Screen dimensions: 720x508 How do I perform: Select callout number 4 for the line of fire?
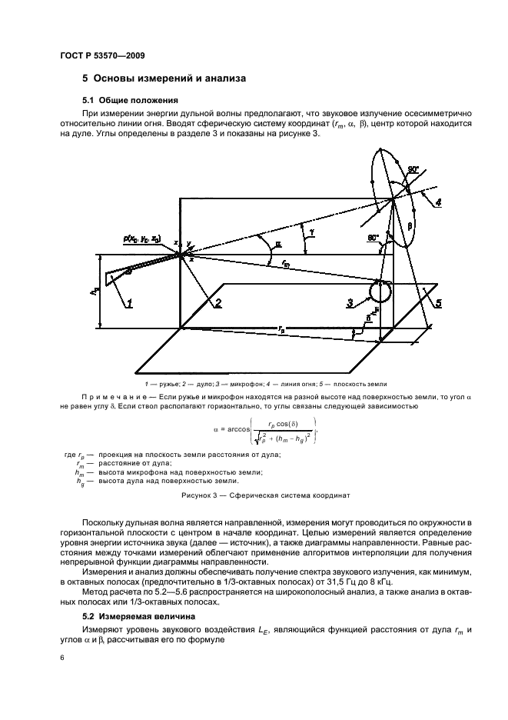click(x=438, y=203)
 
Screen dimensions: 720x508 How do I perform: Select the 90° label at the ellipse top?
click(x=413, y=169)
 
